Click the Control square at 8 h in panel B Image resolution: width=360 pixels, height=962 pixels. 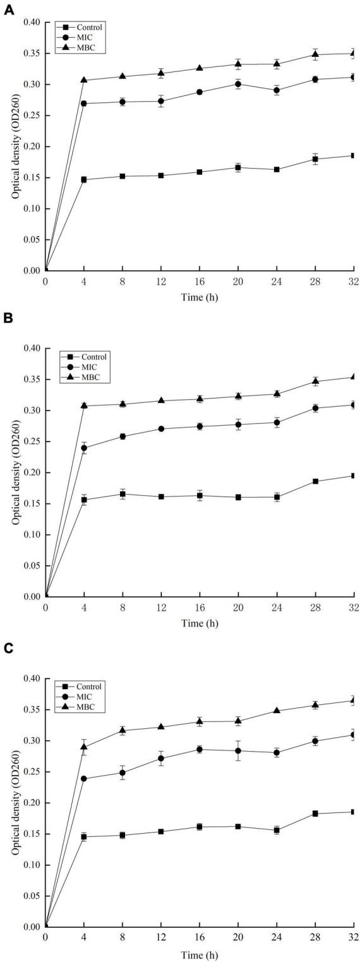(123, 494)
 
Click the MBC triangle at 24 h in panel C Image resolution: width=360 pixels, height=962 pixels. (277, 711)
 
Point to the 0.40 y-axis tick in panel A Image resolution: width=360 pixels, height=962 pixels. (30, 23)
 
